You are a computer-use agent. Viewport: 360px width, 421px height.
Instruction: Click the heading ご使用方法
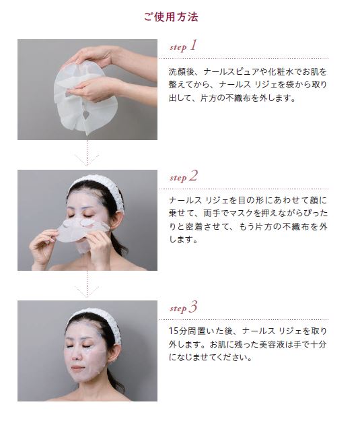point(171,17)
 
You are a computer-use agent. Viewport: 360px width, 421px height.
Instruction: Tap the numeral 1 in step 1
point(193,45)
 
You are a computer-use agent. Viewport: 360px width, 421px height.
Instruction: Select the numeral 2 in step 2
point(193,176)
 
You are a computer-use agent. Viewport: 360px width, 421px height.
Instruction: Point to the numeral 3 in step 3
point(193,306)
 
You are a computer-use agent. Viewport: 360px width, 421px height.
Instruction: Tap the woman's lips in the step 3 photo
point(77,368)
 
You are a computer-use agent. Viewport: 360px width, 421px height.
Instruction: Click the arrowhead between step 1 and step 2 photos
point(87,160)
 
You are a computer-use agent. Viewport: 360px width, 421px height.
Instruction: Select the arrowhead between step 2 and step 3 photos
point(87,292)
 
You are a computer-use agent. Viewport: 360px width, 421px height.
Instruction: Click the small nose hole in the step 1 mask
point(86,115)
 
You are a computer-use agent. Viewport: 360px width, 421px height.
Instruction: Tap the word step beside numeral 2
point(178,178)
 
